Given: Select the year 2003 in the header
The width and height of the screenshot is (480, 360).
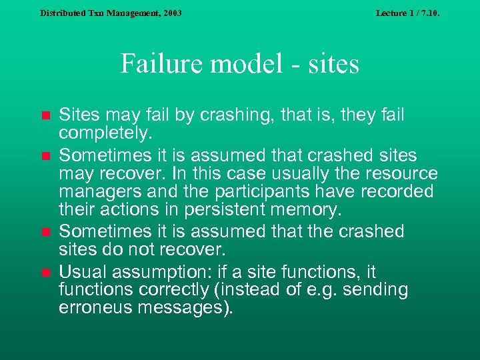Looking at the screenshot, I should click(169, 13).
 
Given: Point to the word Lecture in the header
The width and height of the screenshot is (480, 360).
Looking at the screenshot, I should click(392, 13).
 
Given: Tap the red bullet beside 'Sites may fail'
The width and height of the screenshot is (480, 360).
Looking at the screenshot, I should click(45, 116).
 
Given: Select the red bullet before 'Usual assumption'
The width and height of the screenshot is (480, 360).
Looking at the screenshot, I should click(45, 273).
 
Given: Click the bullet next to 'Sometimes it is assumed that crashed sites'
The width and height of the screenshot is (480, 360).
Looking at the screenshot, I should click(45, 157).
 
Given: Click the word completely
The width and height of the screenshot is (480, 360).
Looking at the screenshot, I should click(105, 133).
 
